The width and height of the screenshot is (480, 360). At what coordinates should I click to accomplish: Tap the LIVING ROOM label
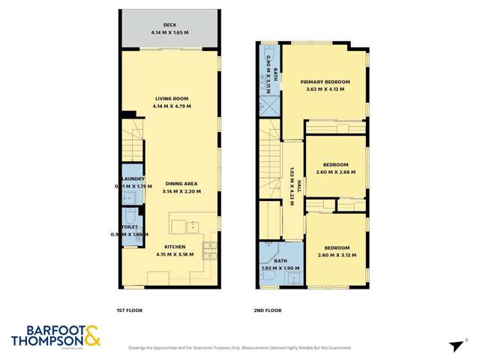[171, 99]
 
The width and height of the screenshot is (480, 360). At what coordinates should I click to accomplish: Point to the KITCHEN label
[176, 247]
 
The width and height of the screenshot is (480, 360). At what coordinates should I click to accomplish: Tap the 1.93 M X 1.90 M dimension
[280, 267]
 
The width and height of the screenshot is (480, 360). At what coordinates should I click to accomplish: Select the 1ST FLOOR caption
[129, 310]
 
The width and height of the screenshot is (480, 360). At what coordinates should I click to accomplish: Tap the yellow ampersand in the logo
[92, 335]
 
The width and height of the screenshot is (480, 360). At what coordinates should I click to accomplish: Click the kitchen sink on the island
[192, 223]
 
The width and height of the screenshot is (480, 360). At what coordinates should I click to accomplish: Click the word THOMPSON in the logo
[44, 342]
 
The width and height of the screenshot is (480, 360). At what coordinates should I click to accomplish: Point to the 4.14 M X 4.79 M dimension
[171, 106]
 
